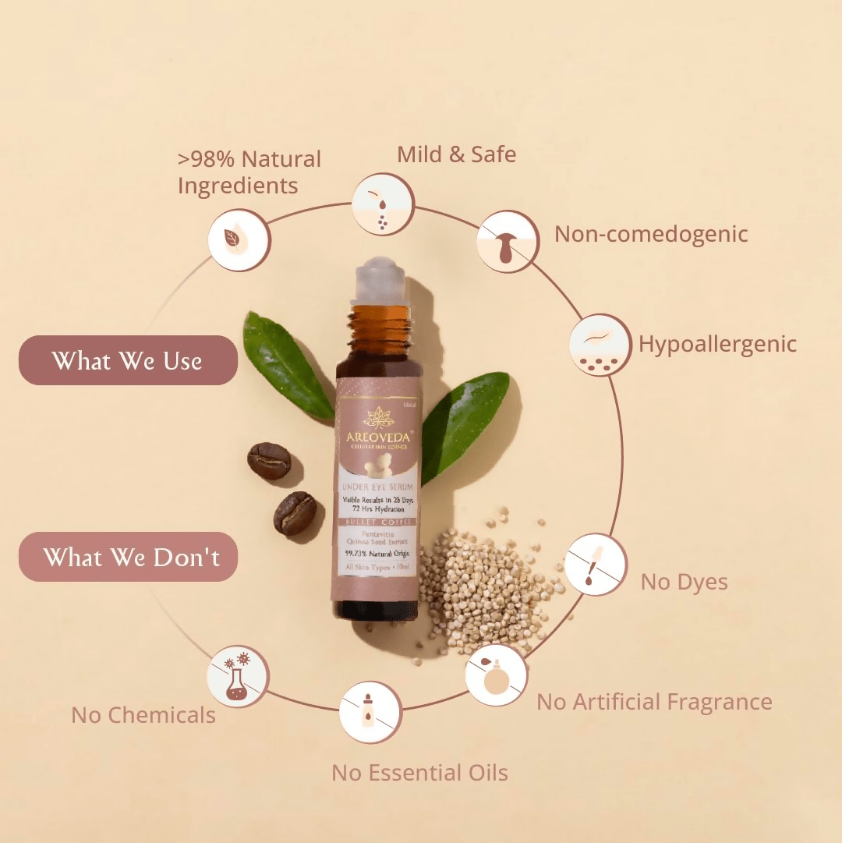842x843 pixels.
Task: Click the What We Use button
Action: [128, 360]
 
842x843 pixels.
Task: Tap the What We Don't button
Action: [128, 557]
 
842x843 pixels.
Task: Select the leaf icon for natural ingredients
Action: [239, 240]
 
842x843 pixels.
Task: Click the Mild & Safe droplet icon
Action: [382, 204]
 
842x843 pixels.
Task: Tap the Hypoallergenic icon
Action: [600, 345]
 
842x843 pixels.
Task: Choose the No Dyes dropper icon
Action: [596, 565]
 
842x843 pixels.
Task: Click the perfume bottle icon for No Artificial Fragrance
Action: [496, 675]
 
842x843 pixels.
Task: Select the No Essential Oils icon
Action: [370, 712]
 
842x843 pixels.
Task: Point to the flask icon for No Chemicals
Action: [238, 676]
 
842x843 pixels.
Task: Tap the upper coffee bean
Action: [269, 461]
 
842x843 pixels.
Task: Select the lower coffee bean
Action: [295, 513]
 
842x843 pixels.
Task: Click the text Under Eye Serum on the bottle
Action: [377, 488]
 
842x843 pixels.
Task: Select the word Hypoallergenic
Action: [717, 344]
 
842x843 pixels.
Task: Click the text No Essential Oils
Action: [419, 773]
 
